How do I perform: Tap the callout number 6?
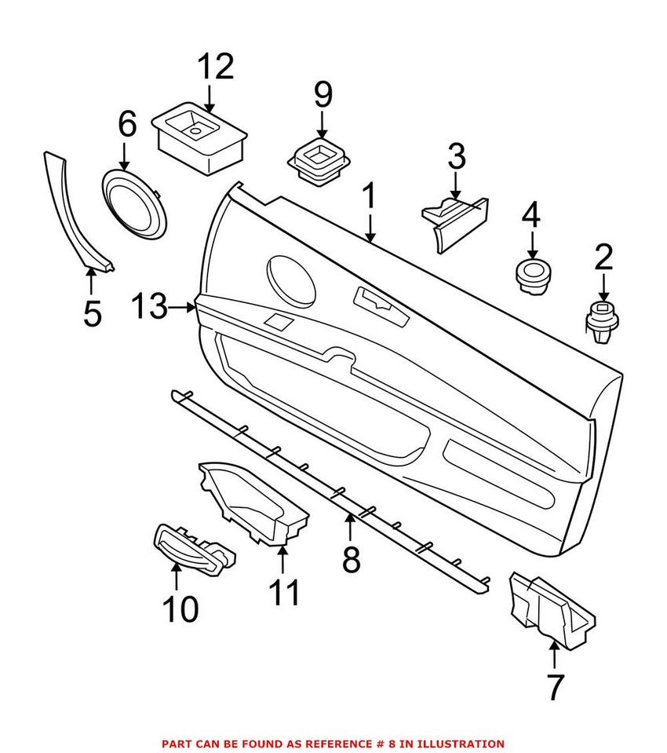pyautogui.click(x=127, y=123)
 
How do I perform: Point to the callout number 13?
pyautogui.click(x=149, y=307)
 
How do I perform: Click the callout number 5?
pyautogui.click(x=92, y=313)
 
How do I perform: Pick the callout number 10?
pyautogui.click(x=180, y=609)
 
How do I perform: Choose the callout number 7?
pyautogui.click(x=555, y=687)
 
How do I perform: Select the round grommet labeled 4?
pyautogui.click(x=531, y=276)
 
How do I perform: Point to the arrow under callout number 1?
pyautogui.click(x=369, y=227)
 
